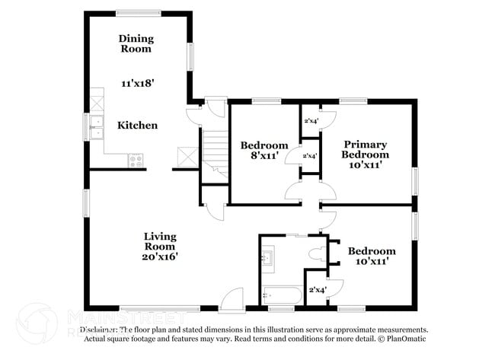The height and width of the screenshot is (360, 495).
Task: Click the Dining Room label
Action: click(x=136, y=43)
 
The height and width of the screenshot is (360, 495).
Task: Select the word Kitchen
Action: click(x=137, y=125)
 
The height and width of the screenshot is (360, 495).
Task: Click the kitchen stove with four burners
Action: click(x=136, y=160)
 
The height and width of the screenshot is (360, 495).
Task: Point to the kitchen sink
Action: click(x=96, y=126)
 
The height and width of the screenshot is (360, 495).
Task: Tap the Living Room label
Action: click(x=160, y=241)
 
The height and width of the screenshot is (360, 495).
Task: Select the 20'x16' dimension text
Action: click(x=160, y=256)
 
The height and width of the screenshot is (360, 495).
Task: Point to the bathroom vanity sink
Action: click(x=267, y=259)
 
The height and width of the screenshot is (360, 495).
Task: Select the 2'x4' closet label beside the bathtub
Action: click(x=316, y=289)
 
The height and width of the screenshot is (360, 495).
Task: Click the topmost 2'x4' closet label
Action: click(x=311, y=120)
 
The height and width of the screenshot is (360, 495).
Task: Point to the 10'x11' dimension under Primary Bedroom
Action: click(x=365, y=164)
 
